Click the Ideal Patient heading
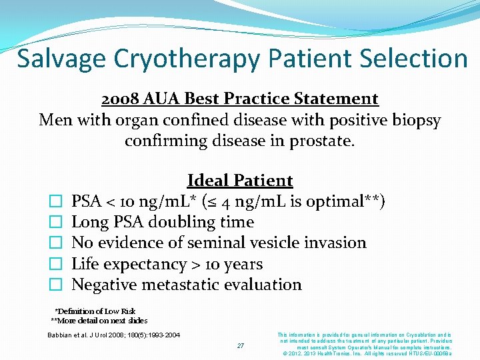[240, 181]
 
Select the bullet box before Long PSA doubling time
[56, 223]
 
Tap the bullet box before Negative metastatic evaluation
[56, 285]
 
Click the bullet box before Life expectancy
[56, 265]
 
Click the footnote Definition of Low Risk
[95, 311]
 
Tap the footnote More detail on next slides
[99, 321]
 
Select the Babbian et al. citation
[113, 335]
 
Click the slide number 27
[241, 345]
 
